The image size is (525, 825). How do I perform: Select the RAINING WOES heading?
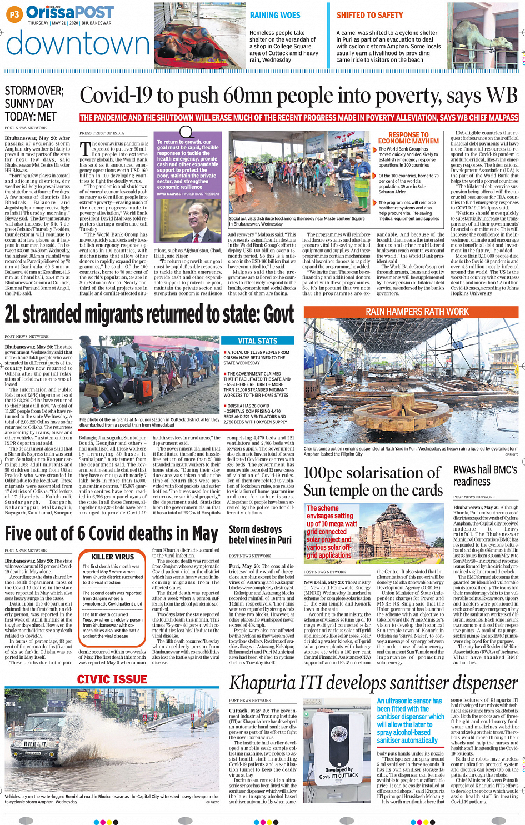[x=275, y=16]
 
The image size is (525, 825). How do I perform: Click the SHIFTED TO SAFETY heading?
[x=369, y=16]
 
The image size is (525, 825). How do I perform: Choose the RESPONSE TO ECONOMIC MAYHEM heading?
[x=408, y=138]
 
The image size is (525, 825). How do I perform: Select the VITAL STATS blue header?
[x=258, y=341]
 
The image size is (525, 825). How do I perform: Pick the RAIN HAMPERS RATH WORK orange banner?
[x=417, y=312]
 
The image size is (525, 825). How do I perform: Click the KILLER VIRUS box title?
[x=113, y=557]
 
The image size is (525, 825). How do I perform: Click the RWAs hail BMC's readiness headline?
[x=485, y=476]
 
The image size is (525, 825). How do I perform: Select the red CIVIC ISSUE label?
[x=112, y=679]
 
